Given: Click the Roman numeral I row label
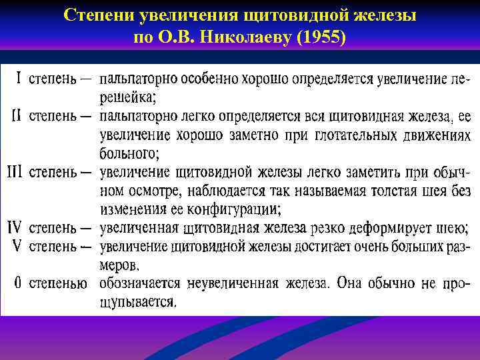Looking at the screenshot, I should tap(19, 79).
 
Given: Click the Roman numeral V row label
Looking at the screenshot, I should tap(18, 246).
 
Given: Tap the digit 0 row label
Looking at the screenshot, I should tap(18, 283).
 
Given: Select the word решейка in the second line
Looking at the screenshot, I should tap(127, 98).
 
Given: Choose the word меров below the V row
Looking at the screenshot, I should tap(120, 265).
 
